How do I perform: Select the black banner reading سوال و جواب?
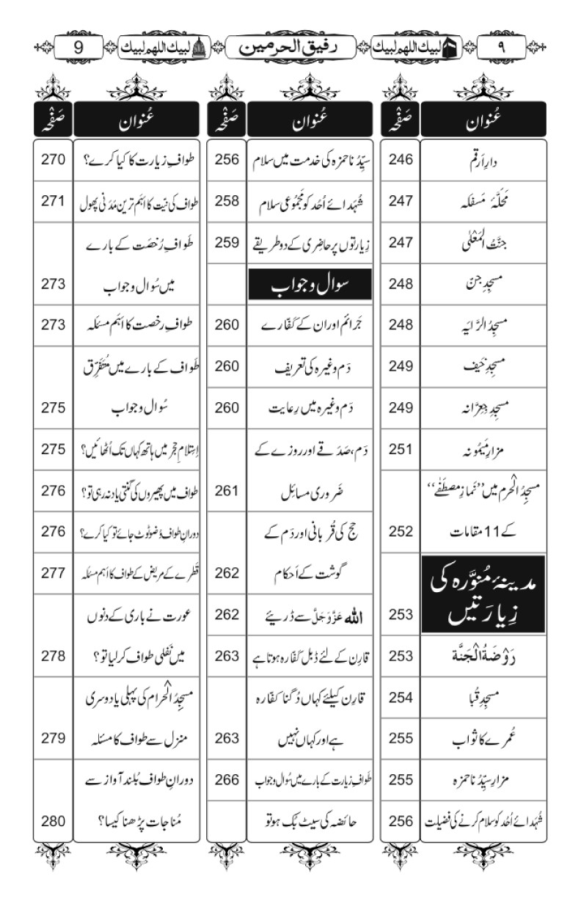(x=309, y=284)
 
